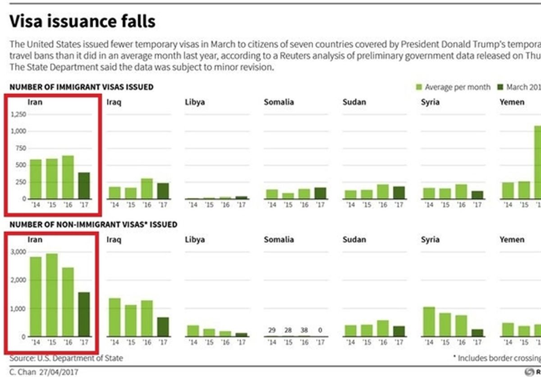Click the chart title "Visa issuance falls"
click(x=83, y=21)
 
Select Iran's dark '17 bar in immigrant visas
click(x=84, y=185)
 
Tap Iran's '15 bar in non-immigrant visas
click(x=52, y=295)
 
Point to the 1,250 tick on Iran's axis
click(x=18, y=115)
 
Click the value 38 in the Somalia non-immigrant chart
click(x=304, y=330)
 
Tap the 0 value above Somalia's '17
click(x=320, y=330)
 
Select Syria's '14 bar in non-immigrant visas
click(x=429, y=322)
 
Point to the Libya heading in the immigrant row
click(x=195, y=102)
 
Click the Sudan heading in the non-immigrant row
click(x=354, y=239)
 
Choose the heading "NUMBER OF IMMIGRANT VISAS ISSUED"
click(x=81, y=87)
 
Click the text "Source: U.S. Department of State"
click(x=66, y=358)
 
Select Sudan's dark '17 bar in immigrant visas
click(x=399, y=193)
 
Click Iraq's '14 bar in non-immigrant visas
click(x=115, y=317)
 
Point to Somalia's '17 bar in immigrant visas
click(x=320, y=193)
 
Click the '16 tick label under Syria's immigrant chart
click(x=461, y=205)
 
